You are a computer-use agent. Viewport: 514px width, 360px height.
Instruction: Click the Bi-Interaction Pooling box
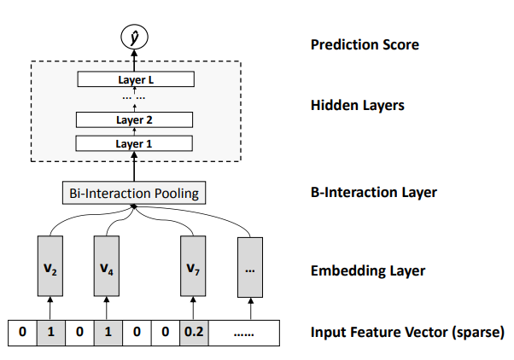click(x=133, y=194)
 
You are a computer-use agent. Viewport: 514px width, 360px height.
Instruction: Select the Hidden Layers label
click(x=358, y=107)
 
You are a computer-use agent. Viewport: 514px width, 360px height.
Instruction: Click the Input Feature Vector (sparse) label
click(x=407, y=332)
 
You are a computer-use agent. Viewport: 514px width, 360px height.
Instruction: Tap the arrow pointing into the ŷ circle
click(x=133, y=55)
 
